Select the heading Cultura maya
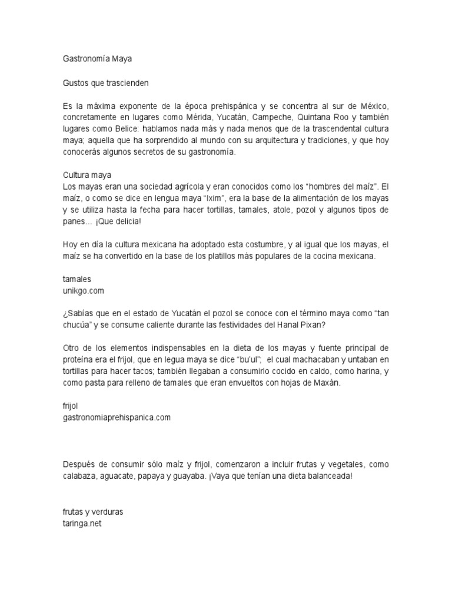pos(87,175)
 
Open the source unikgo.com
pos(85,290)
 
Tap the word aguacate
pos(122,476)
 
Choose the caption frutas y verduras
pos(93,512)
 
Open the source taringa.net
pos(82,523)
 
